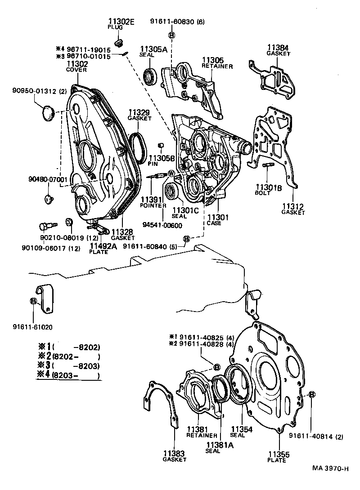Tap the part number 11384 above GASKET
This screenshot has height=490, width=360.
click(x=278, y=47)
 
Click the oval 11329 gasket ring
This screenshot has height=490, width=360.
click(x=138, y=147)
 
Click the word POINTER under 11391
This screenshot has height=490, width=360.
click(x=153, y=205)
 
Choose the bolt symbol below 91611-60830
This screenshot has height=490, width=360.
click(x=171, y=35)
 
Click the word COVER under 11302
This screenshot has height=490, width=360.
click(x=77, y=70)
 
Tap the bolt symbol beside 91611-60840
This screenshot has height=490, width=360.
click(x=186, y=238)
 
